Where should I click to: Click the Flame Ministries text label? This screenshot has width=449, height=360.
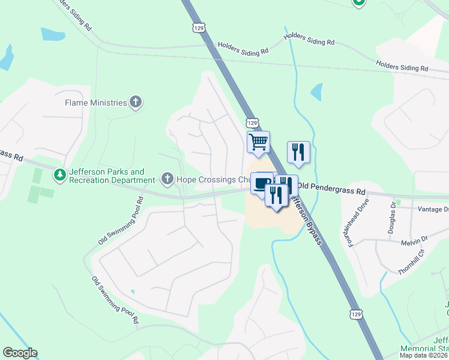tap(96, 103)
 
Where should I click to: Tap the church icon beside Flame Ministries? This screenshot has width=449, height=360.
tap(136, 102)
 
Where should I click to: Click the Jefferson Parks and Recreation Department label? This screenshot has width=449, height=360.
tap(112, 176)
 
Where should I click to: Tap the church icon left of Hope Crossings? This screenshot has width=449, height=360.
tap(167, 179)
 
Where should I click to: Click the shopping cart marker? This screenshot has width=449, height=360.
tap(258, 143)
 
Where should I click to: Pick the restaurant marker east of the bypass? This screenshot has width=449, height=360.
tap(298, 152)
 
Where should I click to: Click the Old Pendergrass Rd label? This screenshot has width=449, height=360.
tap(331, 190)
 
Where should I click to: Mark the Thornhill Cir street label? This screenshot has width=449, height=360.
tap(411, 262)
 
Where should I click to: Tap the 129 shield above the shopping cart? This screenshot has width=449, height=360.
tap(252, 122)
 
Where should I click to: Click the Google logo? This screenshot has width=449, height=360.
tap(20, 353)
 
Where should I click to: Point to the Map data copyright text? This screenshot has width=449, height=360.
tap(424, 355)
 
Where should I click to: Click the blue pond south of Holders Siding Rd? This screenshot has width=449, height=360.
tap(316, 92)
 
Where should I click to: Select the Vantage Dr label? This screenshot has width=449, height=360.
tap(435, 209)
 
